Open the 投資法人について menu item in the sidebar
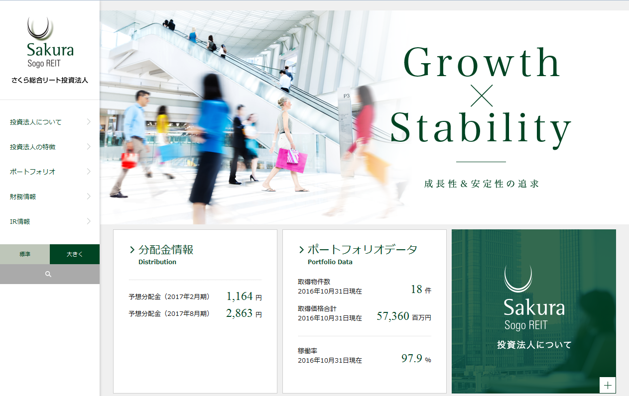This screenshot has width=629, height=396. click(36, 122)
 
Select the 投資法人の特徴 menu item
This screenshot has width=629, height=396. click(32, 147)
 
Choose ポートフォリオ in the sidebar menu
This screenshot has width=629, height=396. click(32, 172)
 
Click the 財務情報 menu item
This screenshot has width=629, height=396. click(23, 197)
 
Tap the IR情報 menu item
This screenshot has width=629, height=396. click(20, 221)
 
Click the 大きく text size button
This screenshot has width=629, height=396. click(75, 254)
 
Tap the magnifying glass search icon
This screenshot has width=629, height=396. click(48, 274)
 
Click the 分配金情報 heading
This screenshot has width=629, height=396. click(165, 250)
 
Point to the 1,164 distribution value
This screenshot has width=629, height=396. click(240, 297)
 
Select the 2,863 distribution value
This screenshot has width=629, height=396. click(240, 313)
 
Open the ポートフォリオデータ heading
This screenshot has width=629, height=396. click(362, 250)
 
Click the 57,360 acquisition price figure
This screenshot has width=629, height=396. click(393, 316)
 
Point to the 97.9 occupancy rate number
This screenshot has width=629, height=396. click(412, 358)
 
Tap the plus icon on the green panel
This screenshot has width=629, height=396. click(608, 385)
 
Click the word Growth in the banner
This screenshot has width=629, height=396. click(482, 63)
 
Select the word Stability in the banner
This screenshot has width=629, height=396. click(481, 128)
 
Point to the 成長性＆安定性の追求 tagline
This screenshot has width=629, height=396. click(481, 184)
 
